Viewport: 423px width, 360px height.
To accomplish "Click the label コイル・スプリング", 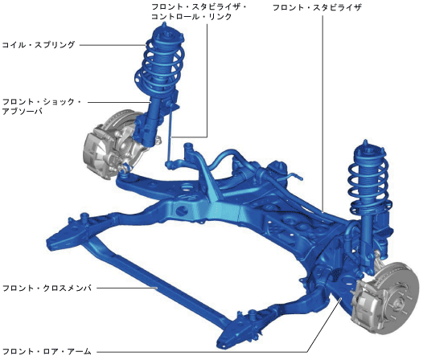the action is pos(39,45).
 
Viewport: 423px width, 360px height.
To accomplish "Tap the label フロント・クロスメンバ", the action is pos(47,288).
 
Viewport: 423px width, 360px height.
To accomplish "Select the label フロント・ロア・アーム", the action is pos(47,351).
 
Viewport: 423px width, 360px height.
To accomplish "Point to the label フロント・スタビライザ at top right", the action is pos(317,7).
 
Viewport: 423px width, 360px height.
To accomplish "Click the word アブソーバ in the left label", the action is pos(23,111).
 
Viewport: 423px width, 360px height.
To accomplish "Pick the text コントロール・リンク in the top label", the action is pos(191,17).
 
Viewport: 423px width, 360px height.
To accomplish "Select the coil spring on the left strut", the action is pos(159,65).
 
